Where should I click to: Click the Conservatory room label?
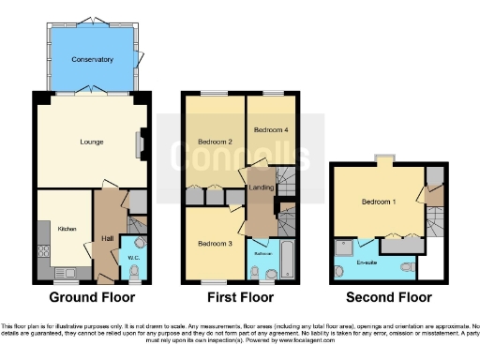(x=92, y=59)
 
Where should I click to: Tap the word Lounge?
(x=90, y=142)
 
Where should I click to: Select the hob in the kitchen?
(x=42, y=249)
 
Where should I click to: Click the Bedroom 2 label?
(x=215, y=142)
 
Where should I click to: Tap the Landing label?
(x=260, y=188)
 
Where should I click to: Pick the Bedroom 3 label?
(x=214, y=244)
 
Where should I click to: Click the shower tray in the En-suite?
(x=342, y=249)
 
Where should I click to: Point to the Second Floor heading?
(x=388, y=298)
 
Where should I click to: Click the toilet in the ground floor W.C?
(x=134, y=273)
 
